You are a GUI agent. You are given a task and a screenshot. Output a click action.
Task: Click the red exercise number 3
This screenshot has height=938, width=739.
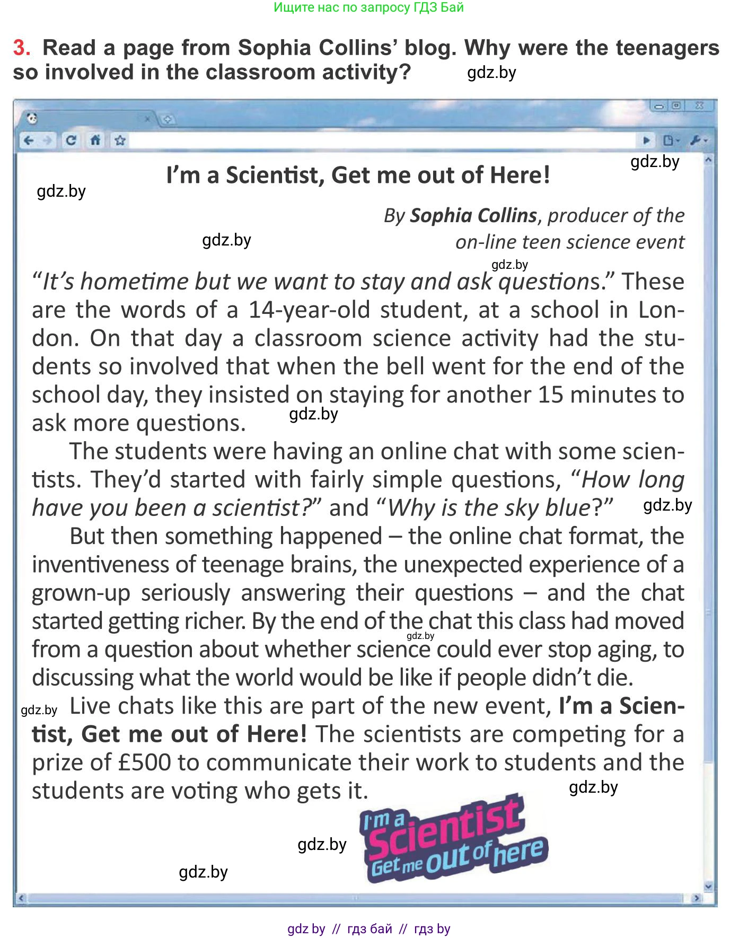click(x=21, y=48)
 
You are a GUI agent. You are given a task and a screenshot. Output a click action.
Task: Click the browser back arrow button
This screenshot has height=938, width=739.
click(x=29, y=141)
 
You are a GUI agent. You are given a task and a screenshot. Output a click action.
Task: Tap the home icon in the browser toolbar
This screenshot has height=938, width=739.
click(x=95, y=141)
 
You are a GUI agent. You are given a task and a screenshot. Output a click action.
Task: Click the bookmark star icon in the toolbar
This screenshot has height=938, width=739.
click(x=120, y=141)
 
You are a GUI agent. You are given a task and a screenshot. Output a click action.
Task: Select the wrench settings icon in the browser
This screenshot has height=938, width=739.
click(x=696, y=141)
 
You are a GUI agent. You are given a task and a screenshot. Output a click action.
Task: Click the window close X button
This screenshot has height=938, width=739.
click(x=699, y=106)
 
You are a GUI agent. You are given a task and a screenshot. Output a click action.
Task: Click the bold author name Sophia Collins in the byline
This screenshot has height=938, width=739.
click(x=473, y=215)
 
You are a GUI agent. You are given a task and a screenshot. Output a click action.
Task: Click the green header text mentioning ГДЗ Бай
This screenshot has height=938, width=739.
click(x=369, y=7)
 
